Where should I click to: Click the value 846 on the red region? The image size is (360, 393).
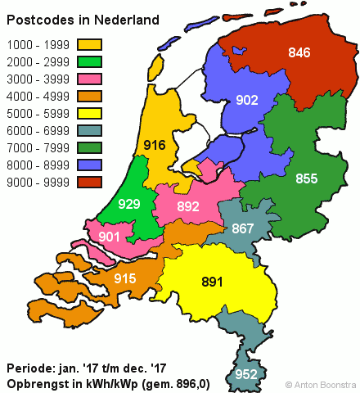pos(299,53)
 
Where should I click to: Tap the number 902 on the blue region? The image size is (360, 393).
pos(247,101)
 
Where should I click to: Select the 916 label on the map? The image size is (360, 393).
pos(178,146)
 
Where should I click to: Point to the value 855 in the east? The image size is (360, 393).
pos(307,178)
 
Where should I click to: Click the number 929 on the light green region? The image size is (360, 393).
pos(128,203)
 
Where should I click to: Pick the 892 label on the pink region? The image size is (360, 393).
pos(188,206)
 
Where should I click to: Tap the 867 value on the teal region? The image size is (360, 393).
pos(243,228)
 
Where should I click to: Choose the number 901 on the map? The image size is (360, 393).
pos(110,237)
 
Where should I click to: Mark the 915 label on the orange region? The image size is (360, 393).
pos(125,278)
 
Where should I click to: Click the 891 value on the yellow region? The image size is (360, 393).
pos(213,282)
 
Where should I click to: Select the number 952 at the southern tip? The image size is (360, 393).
pos(246,375)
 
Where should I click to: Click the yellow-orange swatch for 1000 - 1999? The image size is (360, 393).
pos(91,44)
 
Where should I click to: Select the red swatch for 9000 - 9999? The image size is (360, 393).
pos(91,182)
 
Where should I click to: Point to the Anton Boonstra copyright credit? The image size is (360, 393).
pos(321,383)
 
